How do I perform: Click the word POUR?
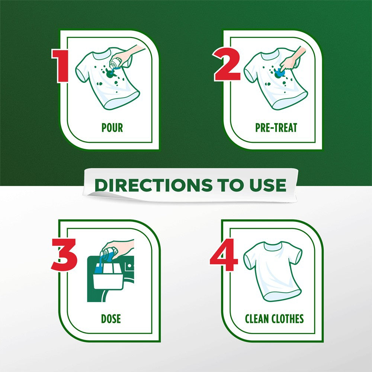[x=112, y=128]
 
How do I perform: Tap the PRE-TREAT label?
[x=276, y=128]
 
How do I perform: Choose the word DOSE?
[x=111, y=319]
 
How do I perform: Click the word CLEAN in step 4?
[x=257, y=319]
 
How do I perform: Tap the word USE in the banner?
[x=268, y=185]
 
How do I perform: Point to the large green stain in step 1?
[x=110, y=74]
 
